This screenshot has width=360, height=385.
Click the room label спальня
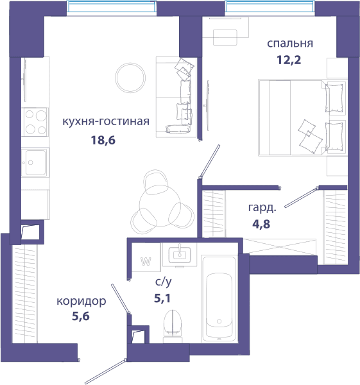[290, 44]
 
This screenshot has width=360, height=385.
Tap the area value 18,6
[103, 140]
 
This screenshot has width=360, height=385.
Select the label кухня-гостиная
[106, 121]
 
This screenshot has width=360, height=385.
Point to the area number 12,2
[289, 60]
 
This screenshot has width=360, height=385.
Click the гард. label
[262, 208]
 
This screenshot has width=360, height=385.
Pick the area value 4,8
[261, 224]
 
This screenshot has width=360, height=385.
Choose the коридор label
[81, 301]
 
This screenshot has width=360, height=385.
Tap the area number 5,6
[81, 316]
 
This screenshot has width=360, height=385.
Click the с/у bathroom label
[163, 282]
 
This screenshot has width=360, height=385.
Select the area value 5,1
[162, 298]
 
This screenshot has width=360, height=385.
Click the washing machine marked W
[146, 257]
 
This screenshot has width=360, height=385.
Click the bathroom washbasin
[180, 254]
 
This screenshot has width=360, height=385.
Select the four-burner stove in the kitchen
[35, 122]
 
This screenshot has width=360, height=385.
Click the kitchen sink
[35, 162]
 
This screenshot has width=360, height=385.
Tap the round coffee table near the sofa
[130, 78]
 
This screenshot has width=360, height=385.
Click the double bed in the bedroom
[302, 117]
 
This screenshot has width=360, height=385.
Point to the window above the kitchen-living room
[112, 7]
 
